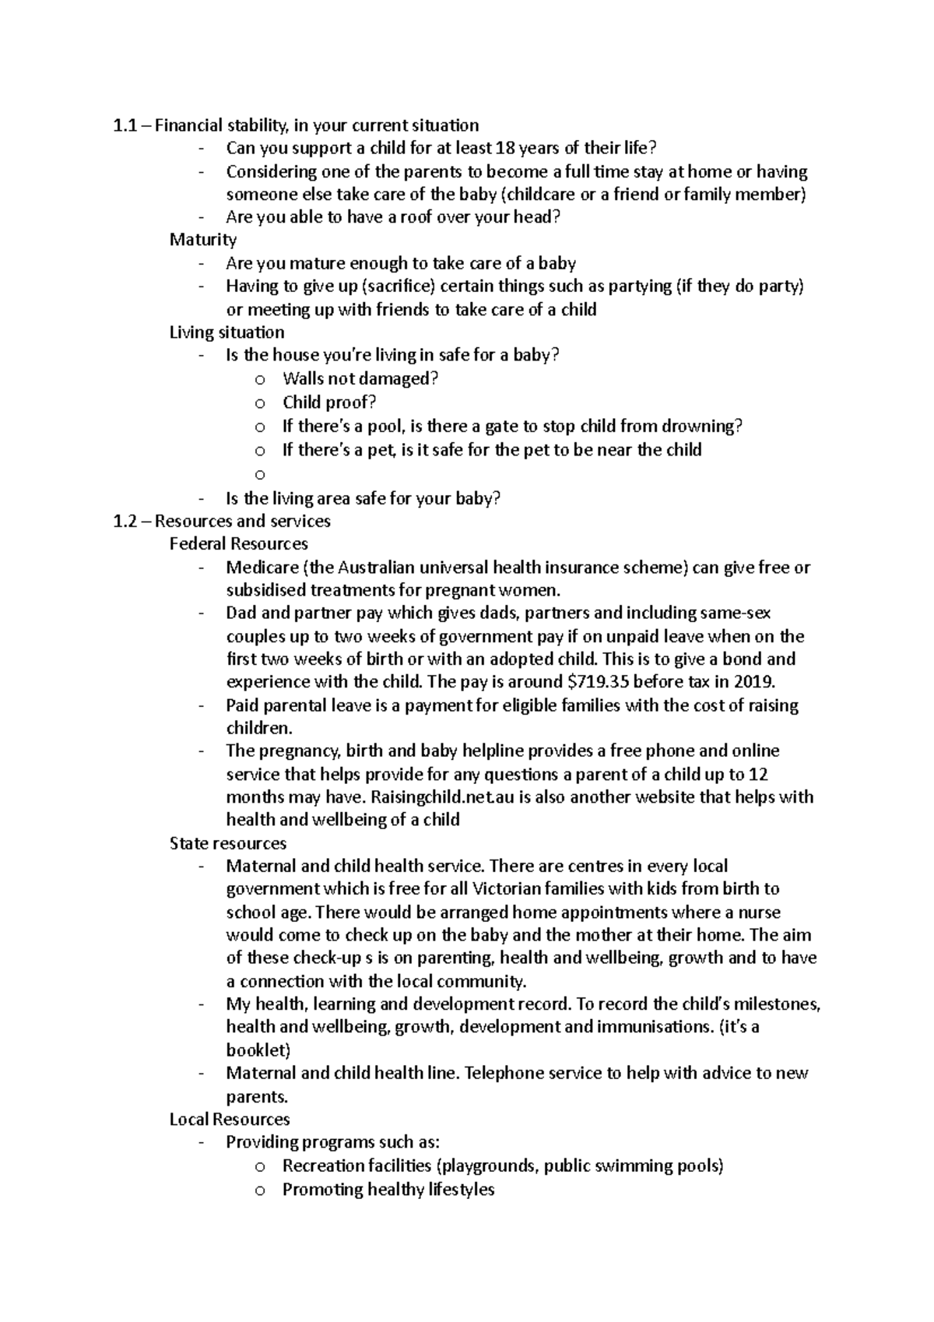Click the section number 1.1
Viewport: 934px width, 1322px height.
click(x=125, y=125)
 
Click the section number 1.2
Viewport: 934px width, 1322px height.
click(x=125, y=521)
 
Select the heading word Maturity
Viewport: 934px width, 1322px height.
click(x=203, y=240)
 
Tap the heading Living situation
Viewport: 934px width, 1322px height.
click(x=226, y=332)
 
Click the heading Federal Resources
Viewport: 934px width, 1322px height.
click(x=238, y=543)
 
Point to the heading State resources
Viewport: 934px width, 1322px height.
click(x=227, y=843)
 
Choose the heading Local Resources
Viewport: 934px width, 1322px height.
click(x=230, y=1119)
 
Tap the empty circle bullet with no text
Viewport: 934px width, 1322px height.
click(x=260, y=473)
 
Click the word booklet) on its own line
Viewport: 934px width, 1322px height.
click(x=258, y=1049)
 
